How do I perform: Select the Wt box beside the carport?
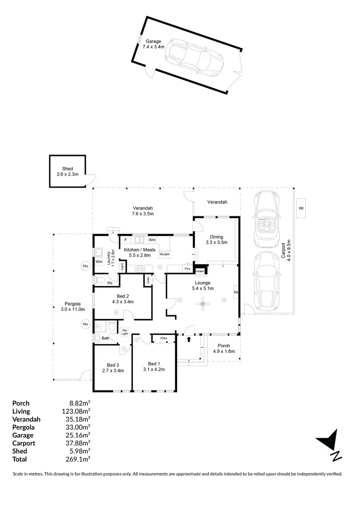point(301,208)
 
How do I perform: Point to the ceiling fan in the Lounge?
point(204,303)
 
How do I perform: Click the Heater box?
point(200,271)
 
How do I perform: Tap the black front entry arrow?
point(189,339)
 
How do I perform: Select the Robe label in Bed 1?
point(164,338)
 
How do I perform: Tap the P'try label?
point(187,269)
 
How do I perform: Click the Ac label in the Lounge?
point(236,292)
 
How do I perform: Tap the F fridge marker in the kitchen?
point(125,239)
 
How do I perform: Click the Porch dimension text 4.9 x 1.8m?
point(224,351)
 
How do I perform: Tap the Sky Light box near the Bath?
point(125,331)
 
